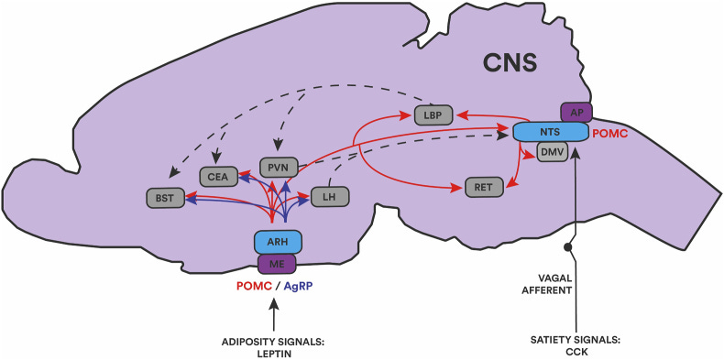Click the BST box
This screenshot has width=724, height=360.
(165, 196)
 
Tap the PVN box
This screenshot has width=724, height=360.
(278, 168)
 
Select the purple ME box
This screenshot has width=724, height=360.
(278, 264)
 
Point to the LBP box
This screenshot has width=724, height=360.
(433, 115)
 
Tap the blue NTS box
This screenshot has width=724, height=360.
(550, 132)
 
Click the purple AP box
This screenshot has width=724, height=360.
(576, 112)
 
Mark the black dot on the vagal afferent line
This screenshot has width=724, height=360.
(568, 247)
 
